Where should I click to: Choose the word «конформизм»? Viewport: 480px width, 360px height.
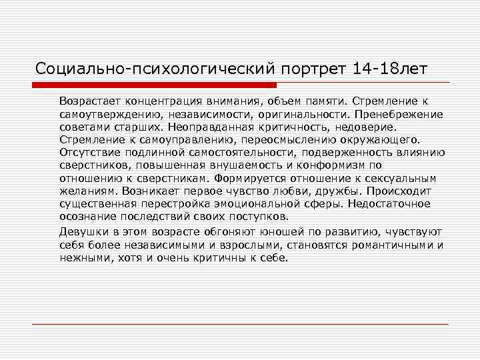click(x=330, y=165)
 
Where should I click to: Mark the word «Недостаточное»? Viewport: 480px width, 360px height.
click(x=391, y=203)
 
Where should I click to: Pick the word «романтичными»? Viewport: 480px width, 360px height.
click(x=393, y=245)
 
